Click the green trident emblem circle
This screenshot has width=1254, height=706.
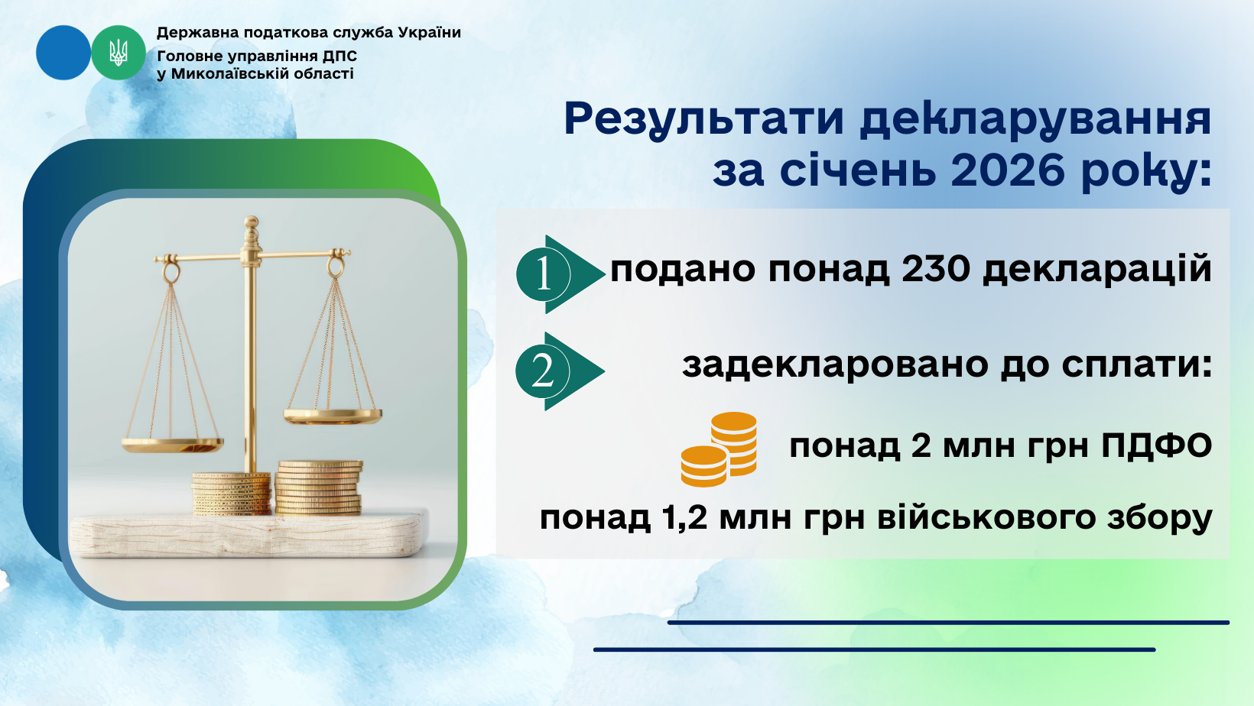[118, 53]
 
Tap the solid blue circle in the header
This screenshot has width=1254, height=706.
[63, 53]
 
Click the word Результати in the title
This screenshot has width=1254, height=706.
[703, 120]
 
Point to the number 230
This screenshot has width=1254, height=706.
[935, 268]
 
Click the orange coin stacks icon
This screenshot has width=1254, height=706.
[719, 449]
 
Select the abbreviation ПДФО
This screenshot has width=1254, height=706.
[1156, 446]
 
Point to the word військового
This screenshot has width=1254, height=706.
[986, 517]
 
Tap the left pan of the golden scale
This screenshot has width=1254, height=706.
[173, 445]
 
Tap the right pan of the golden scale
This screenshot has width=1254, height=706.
[333, 416]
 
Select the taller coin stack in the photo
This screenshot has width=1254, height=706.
[319, 487]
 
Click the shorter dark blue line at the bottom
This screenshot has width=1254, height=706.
[875, 650]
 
